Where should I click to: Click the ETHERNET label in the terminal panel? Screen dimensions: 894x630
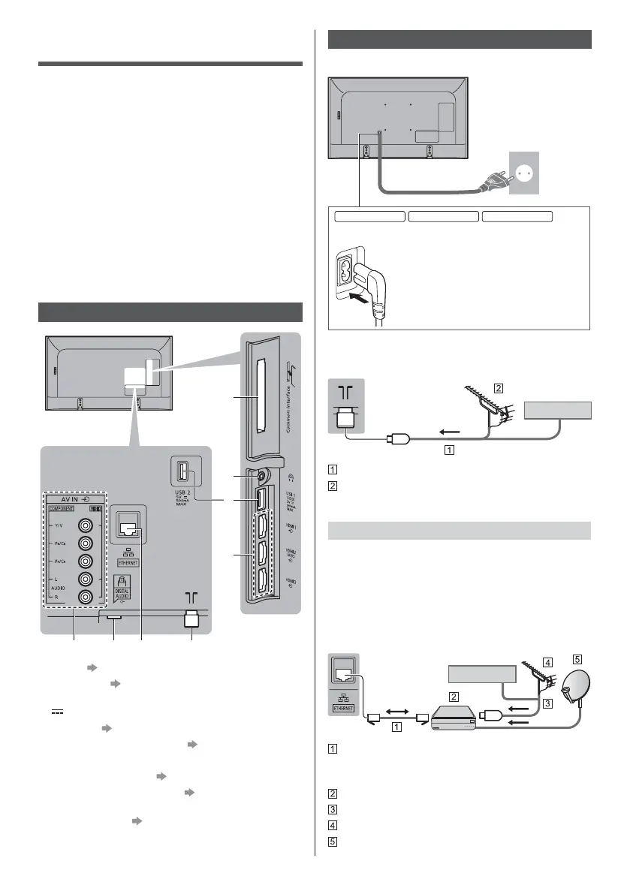coord(125,561)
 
